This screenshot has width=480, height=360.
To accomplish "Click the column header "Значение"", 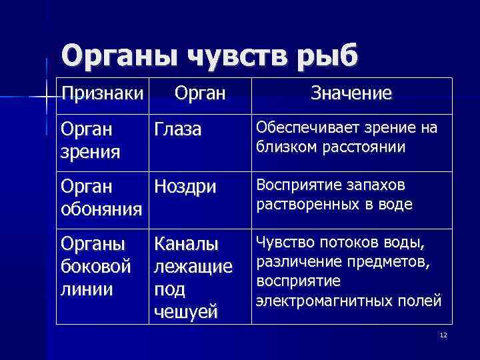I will click(x=351, y=93).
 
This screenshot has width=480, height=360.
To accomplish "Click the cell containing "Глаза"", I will click(x=178, y=129).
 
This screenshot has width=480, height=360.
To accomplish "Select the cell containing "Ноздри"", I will click(x=185, y=187).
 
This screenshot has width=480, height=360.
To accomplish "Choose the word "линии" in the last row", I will click(x=86, y=289).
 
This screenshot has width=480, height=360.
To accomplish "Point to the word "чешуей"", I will click(x=185, y=311).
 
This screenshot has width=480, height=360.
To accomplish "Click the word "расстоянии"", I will click(x=366, y=146).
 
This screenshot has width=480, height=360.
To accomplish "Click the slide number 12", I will click(x=443, y=335).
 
